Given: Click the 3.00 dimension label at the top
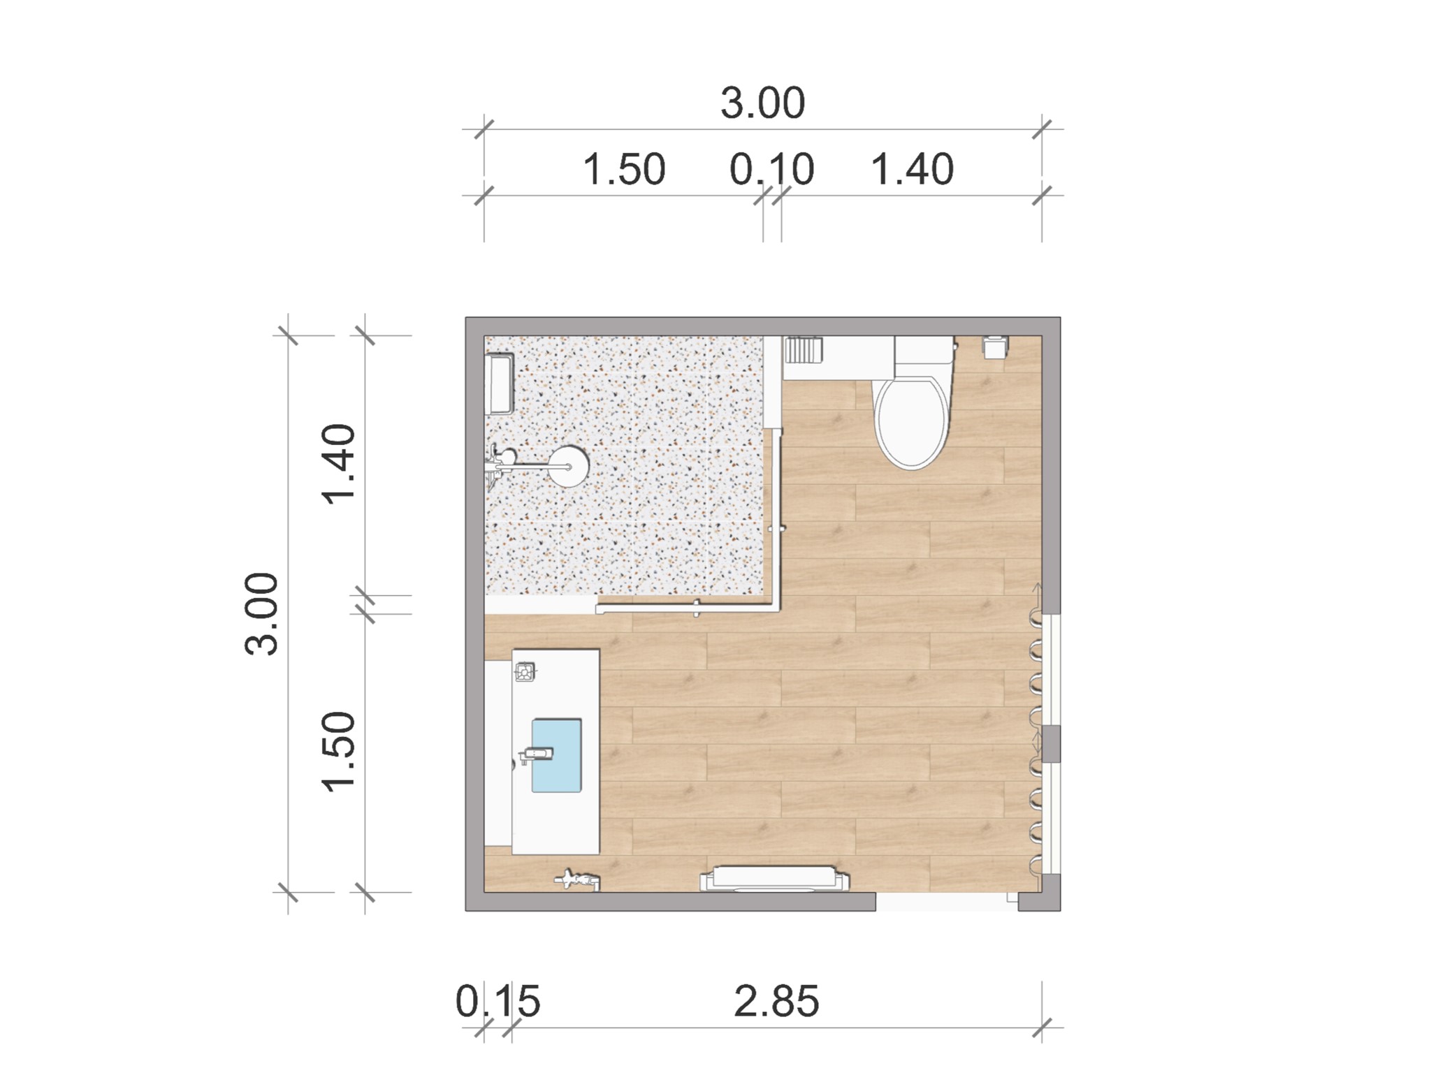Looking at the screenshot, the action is tap(762, 103).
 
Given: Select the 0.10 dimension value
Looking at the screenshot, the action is tap(771, 169).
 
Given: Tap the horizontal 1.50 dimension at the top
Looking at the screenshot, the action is tap(624, 169).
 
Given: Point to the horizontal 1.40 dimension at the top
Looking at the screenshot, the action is tap(912, 169).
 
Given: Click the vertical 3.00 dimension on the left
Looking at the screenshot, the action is tap(262, 613).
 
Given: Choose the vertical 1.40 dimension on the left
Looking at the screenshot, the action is tap(339, 464).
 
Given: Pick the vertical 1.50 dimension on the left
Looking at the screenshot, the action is tap(339, 752).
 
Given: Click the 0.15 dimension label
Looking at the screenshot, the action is tap(497, 1001).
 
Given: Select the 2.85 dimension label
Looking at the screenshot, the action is tap(776, 1001).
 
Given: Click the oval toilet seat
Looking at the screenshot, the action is tap(913, 422).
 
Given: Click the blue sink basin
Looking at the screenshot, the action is tap(556, 755).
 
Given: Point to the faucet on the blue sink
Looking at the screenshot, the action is tap(536, 754).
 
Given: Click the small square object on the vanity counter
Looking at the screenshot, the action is tap(525, 672).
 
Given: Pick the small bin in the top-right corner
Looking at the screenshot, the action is tap(996, 347).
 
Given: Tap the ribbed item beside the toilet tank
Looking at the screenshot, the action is tap(803, 349).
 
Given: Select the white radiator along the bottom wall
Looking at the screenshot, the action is tap(775, 879).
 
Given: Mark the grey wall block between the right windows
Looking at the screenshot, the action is tap(1051, 743).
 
